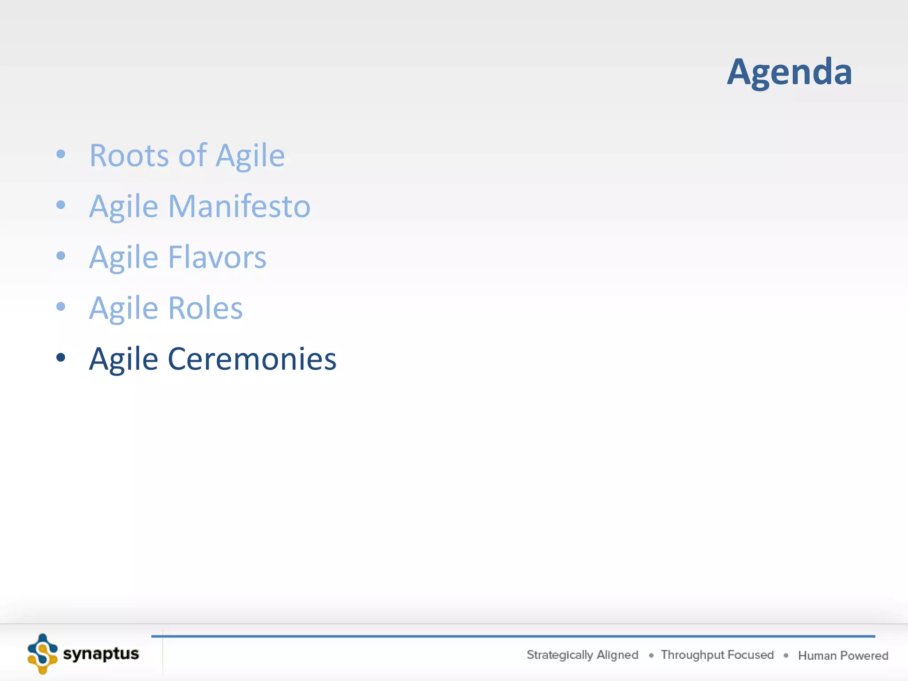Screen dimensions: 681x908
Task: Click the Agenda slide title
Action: pos(789,72)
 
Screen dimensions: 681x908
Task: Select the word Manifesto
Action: pos(239,207)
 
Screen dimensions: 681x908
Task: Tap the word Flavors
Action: pos(217,257)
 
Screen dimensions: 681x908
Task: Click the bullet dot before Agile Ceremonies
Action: pos(61,357)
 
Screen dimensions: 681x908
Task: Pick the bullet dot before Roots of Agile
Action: pos(61,154)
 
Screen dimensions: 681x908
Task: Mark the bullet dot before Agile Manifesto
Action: pos(61,205)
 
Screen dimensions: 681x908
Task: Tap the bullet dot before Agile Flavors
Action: pos(61,256)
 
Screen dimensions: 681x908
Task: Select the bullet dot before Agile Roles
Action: pos(61,306)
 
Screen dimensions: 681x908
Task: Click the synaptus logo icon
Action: pos(42,654)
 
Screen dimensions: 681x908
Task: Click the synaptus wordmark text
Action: pos(101,654)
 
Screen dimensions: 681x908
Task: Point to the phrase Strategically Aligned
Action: pos(582,655)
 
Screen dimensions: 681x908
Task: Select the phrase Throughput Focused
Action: pos(717,655)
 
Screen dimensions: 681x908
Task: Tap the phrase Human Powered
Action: pos(843,655)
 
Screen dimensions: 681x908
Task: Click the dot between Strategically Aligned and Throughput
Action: pos(651,655)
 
